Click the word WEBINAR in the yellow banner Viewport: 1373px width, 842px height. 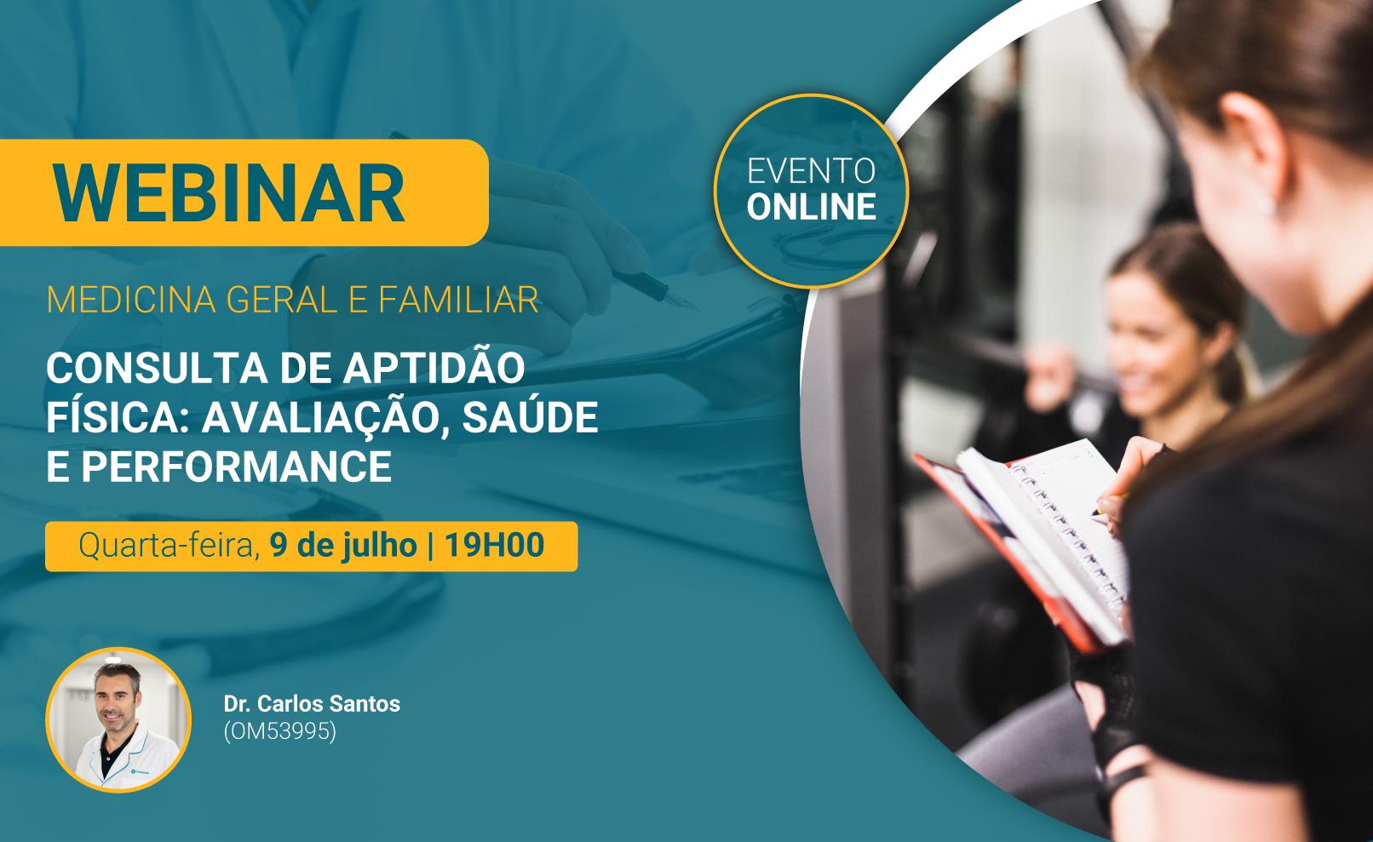[228, 193]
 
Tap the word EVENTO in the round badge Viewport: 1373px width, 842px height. [811, 171]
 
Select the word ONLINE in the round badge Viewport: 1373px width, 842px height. [811, 207]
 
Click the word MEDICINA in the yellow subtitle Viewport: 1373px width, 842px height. [131, 300]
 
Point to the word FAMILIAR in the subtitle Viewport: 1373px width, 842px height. [458, 300]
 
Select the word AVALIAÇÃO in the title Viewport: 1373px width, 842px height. [325, 418]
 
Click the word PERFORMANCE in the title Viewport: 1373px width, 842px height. [237, 467]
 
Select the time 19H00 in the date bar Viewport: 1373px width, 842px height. [494, 545]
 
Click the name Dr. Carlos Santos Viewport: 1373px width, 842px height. [312, 703]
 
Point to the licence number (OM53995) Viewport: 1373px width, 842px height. [280, 731]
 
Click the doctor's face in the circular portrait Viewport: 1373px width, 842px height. [117, 700]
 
